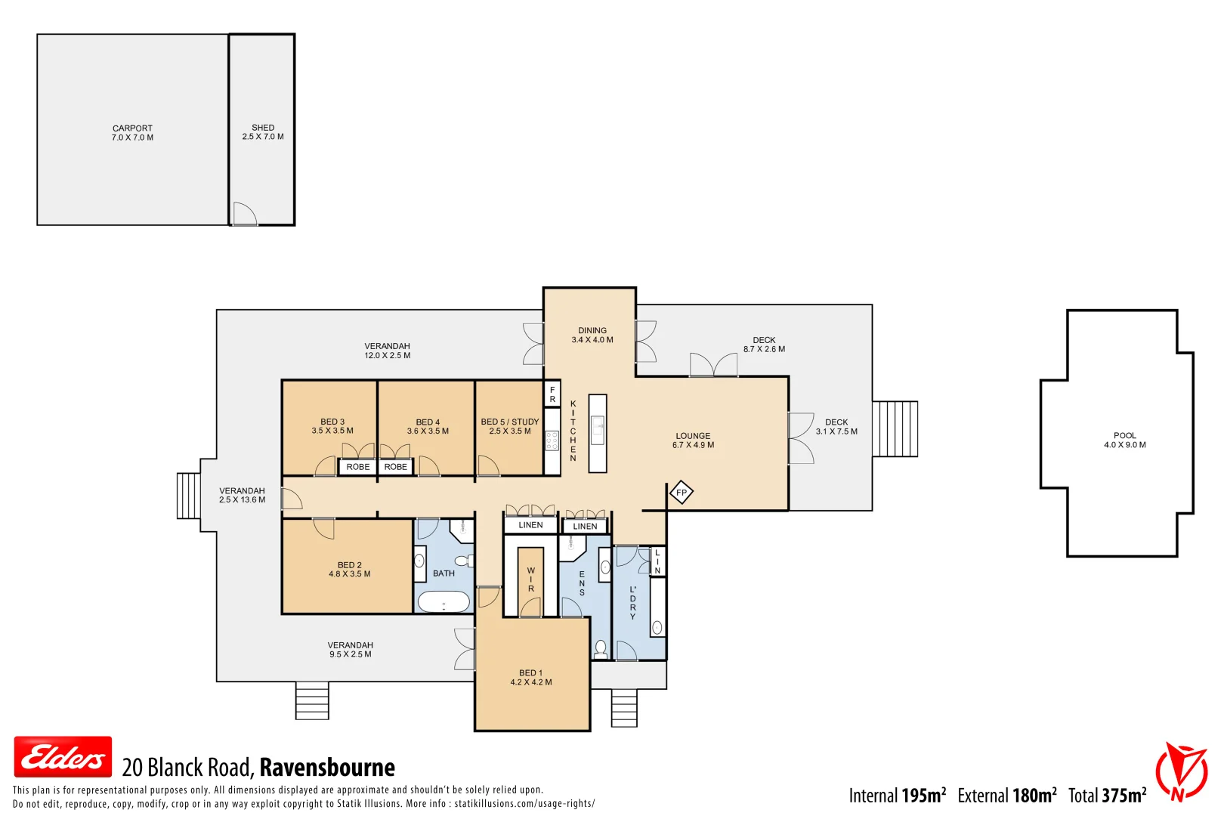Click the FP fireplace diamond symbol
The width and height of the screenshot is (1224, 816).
[682, 493]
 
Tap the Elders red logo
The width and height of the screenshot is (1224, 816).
[63, 757]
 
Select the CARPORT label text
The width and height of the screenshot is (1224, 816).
[132, 128]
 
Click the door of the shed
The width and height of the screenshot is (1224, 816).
[244, 214]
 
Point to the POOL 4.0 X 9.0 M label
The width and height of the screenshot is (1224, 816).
[1124, 440]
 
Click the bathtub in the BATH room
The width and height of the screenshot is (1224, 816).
[444, 602]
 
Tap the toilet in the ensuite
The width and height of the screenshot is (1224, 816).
[601, 648]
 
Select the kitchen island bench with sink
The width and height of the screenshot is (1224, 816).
[598, 434]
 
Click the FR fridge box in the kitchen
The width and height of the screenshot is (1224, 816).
[552, 394]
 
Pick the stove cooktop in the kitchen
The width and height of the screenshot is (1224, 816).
[552, 440]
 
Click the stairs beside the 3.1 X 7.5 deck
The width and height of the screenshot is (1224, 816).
[895, 429]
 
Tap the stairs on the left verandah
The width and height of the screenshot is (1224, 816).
[188, 496]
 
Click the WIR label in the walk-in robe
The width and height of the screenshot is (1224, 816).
[530, 580]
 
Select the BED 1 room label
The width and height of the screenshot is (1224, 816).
[530, 672]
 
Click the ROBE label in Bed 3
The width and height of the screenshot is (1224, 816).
[358, 467]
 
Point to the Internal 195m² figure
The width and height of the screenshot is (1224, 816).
[897, 796]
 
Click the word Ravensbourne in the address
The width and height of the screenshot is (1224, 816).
[327, 768]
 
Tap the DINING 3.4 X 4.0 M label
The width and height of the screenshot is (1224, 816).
[592, 335]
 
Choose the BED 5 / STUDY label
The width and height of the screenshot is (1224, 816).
[510, 422]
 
